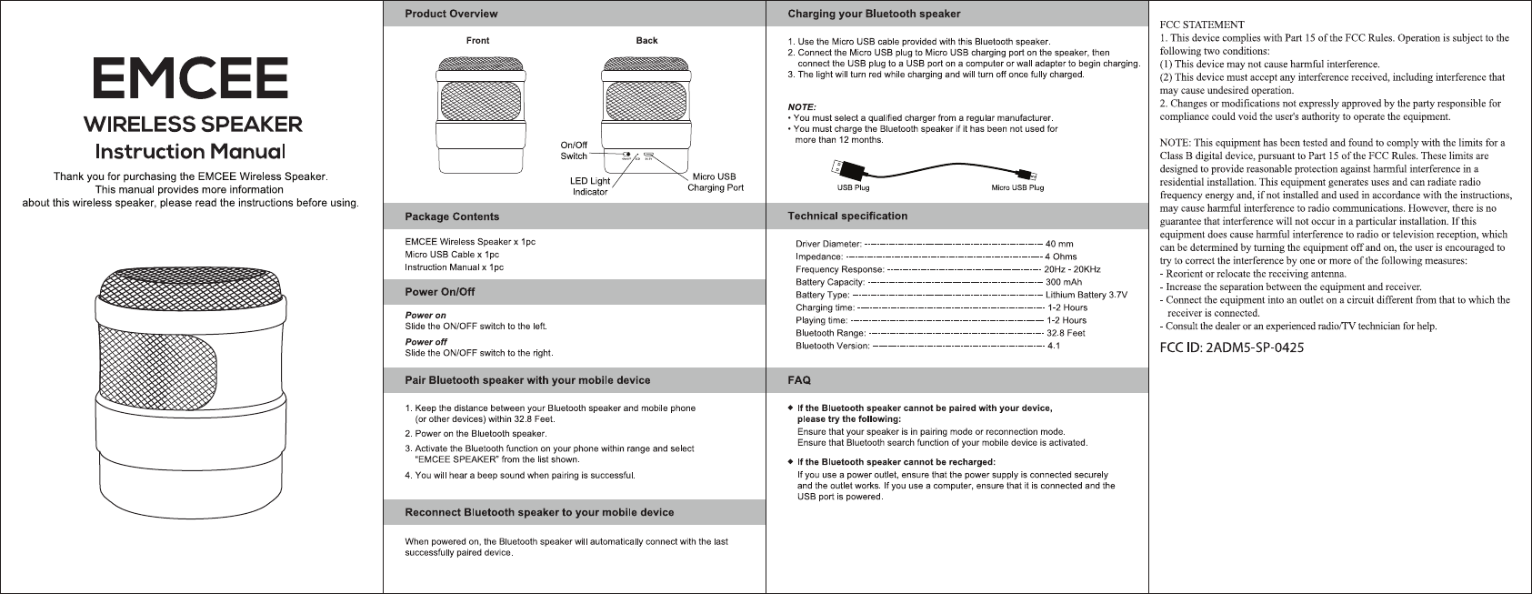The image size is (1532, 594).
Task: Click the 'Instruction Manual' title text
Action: tap(191, 149)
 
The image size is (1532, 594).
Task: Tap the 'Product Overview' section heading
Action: tap(451, 14)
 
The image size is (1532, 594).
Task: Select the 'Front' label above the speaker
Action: tap(477, 41)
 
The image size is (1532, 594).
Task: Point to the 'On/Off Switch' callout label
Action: tap(574, 151)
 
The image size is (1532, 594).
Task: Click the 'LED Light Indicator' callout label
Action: tap(590, 186)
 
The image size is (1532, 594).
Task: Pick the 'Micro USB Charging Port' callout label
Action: tap(716, 182)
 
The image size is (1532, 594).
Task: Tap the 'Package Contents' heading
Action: tap(452, 216)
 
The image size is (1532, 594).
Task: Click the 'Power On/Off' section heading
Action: tap(440, 292)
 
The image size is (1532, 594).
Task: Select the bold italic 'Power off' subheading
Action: tap(426, 342)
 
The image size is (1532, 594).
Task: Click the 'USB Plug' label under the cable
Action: tap(853, 188)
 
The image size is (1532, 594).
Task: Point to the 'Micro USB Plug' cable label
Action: tap(1016, 188)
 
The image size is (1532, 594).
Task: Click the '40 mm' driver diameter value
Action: tap(1059, 244)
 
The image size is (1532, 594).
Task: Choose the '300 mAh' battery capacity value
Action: tap(1064, 282)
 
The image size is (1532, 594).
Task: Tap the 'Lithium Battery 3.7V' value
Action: tap(1086, 295)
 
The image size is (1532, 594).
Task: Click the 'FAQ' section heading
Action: tap(799, 379)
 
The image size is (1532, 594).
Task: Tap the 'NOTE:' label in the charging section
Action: tap(802, 107)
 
